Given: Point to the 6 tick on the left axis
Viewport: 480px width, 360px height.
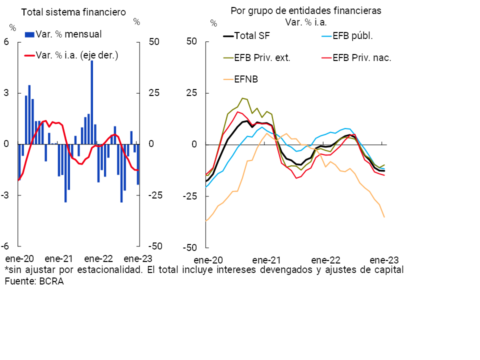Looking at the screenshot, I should pos(6,42).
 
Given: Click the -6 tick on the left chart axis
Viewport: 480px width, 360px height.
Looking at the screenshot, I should pos(5,246).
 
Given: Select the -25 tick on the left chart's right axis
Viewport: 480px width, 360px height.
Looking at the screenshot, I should pos(155,195).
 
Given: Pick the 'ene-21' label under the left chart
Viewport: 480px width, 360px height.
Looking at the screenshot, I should pos(59,259).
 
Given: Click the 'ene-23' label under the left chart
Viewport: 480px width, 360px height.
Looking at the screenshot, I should pos(138,259).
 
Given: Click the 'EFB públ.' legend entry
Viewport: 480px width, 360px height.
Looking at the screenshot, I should pos(353,36).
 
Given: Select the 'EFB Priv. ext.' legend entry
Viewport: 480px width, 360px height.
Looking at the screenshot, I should pos(262,57).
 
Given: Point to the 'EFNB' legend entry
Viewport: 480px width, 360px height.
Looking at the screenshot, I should pos(247,79).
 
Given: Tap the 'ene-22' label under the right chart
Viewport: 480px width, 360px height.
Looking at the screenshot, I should pos(325,260).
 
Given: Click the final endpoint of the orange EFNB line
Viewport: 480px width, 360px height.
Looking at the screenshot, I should pos(384,217).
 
